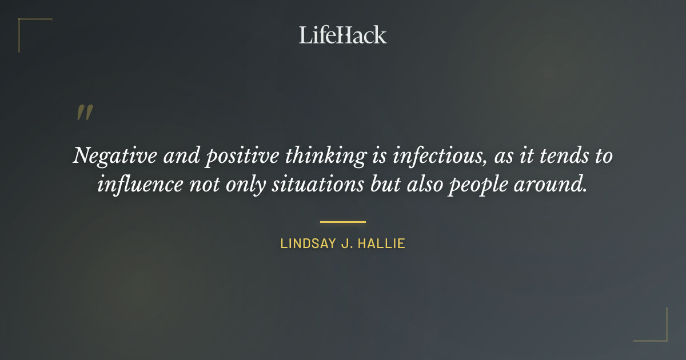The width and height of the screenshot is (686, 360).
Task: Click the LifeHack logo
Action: tap(342, 35)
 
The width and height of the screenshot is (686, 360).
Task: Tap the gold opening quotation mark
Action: tap(84, 113)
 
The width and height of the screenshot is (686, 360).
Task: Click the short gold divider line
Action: tap(342, 222)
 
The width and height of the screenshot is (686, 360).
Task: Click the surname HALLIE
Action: tap(384, 243)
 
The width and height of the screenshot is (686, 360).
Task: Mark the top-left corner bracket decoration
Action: tap(26, 26)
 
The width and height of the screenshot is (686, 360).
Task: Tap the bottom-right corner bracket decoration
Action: tap(660, 334)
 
